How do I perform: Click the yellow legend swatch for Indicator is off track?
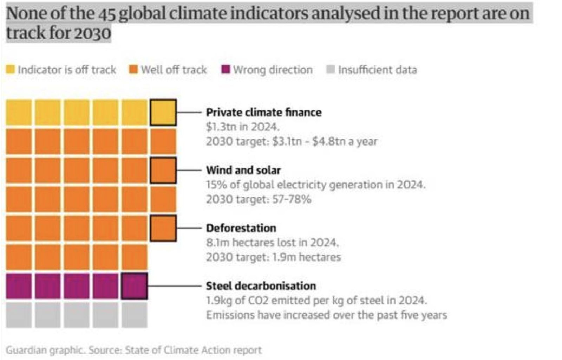click(x=11, y=69)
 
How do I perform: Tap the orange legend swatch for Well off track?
click(x=133, y=69)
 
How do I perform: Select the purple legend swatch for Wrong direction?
click(x=226, y=69)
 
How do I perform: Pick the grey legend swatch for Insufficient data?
click(x=331, y=69)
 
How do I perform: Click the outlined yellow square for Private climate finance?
click(x=163, y=112)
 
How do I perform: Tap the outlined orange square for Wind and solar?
click(x=163, y=171)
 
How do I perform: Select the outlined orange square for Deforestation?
click(x=163, y=228)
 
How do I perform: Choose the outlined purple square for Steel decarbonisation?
click(x=135, y=286)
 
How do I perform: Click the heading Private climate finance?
click(x=263, y=112)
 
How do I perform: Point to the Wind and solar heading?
click(x=243, y=171)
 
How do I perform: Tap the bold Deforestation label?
click(x=241, y=228)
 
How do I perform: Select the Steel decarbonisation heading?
click(x=261, y=286)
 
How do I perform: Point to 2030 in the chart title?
click(x=92, y=34)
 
